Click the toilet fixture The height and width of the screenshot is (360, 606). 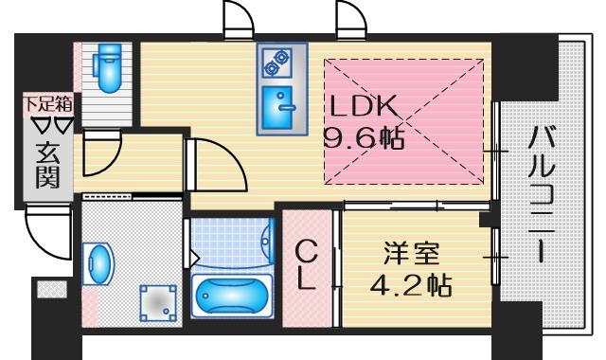click(x=105, y=65)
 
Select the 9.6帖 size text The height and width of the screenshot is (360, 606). click(x=365, y=139)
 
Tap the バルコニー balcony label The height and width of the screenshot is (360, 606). click(x=542, y=194)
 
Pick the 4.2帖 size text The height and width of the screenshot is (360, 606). click(x=410, y=283)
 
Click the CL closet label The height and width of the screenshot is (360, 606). click(x=307, y=266)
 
